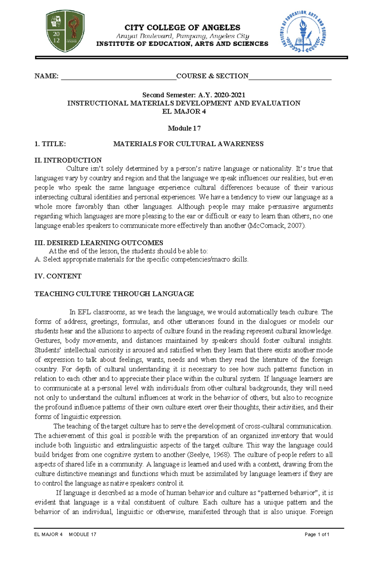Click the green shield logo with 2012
tap(65, 31)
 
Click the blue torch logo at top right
tap(303, 32)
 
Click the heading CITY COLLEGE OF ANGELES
tap(182, 28)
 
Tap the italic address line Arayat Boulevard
tap(182, 36)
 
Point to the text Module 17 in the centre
tap(184, 128)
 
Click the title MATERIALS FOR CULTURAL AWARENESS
tap(188, 144)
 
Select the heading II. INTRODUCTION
tap(68, 160)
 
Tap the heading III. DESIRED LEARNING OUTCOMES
tap(99, 243)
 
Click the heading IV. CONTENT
tap(58, 276)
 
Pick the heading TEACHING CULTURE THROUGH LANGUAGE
tap(114, 294)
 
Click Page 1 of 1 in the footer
tap(317, 534)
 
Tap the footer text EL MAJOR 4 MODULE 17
tap(65, 534)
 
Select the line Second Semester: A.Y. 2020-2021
tap(194, 95)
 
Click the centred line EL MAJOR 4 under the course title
tap(184, 111)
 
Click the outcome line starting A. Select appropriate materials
tap(141, 259)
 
